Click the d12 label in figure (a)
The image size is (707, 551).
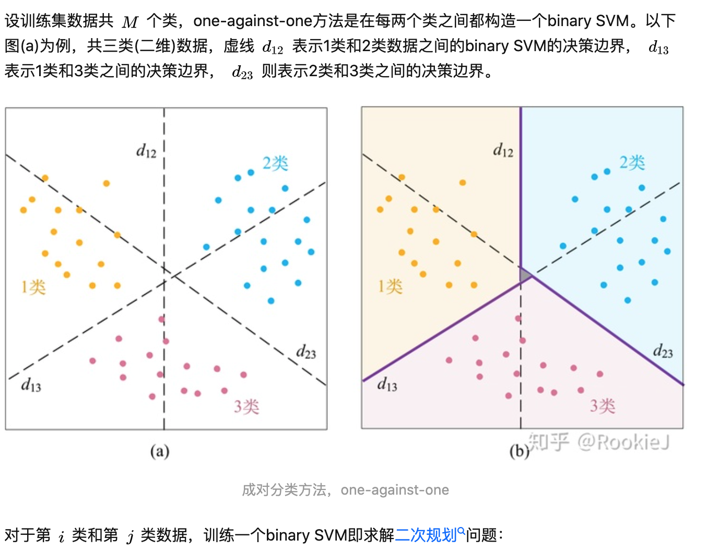[146, 151]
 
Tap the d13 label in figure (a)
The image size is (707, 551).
[31, 386]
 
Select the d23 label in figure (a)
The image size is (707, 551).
[306, 352]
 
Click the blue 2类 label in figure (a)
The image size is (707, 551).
[275, 163]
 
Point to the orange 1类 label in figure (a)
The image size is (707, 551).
[33, 287]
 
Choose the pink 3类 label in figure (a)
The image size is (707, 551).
[246, 406]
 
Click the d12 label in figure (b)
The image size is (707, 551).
[503, 151]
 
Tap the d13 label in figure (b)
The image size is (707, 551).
[387, 385]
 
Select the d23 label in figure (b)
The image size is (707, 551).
[663, 352]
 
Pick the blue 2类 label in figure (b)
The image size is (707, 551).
[632, 163]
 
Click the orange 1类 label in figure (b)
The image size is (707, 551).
[390, 286]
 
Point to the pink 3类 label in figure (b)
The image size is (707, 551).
[603, 406]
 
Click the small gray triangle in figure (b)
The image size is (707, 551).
[525, 275]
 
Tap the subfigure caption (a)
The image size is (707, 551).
[160, 451]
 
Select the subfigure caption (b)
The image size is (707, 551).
[519, 451]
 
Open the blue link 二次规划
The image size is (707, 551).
[426, 535]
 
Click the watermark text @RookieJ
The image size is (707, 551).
[623, 442]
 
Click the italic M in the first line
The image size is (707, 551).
[130, 22]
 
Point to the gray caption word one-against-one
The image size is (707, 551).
[395, 490]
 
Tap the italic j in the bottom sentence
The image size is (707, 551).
[130, 536]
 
